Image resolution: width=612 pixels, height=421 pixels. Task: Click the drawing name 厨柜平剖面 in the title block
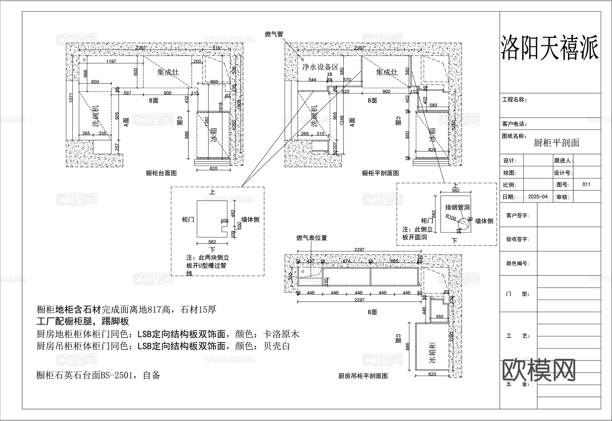click(556, 143)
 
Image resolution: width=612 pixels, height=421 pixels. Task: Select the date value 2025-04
click(538, 197)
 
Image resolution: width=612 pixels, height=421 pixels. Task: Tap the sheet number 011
click(586, 185)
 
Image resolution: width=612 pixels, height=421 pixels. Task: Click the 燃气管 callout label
click(274, 34)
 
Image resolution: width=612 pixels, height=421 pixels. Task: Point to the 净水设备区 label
click(321, 67)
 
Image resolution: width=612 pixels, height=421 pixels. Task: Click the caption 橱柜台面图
click(161, 173)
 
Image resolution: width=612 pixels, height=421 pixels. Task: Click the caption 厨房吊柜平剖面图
click(363, 376)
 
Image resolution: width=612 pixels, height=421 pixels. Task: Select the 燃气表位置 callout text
click(312, 238)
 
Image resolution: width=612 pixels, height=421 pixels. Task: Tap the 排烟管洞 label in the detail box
click(457, 207)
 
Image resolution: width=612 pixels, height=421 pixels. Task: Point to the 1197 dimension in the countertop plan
click(111, 62)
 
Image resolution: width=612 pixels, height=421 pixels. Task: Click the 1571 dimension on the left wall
click(71, 98)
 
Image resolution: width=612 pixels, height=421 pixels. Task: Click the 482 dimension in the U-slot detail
click(233, 213)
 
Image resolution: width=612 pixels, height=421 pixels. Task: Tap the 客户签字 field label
click(517, 215)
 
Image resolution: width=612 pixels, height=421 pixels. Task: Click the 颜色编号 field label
click(517, 263)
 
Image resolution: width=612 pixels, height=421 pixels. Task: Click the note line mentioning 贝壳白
click(163, 347)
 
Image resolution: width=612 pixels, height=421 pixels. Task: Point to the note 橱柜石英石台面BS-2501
click(98, 375)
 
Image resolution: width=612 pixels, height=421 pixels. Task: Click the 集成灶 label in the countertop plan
click(168, 72)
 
